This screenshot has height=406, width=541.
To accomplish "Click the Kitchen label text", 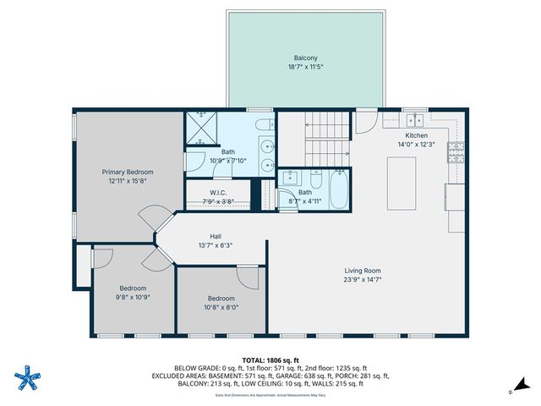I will pyautogui.click(x=417, y=135).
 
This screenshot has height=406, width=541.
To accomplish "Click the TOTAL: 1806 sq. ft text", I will pyautogui.click(x=270, y=359).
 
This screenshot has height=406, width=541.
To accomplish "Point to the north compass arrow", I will pyautogui.click(x=511, y=391).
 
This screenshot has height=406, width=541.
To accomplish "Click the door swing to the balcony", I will pyautogui.click(x=366, y=123).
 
